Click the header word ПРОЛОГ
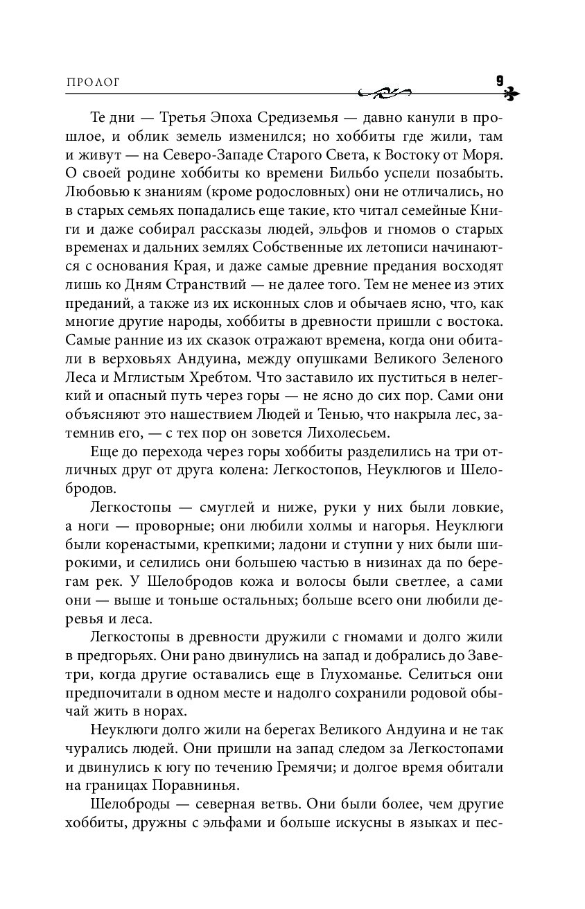pos(93,82)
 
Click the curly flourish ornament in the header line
pos(385,92)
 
